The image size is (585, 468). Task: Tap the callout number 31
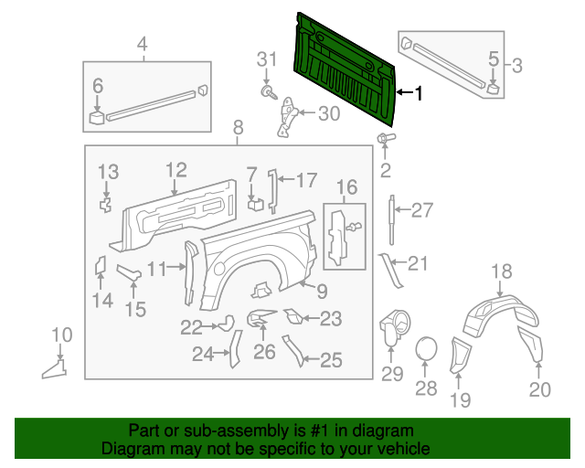266,59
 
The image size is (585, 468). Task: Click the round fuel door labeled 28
427,349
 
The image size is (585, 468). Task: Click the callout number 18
502,271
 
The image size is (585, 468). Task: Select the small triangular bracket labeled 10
55,367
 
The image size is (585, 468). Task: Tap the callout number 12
175,169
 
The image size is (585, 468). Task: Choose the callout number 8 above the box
238,127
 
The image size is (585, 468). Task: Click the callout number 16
346,188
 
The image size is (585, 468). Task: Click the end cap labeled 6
96,116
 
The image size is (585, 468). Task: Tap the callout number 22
191,326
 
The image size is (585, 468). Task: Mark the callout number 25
330,361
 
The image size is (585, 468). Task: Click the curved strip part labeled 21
390,271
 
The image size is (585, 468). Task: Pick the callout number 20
540,390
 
